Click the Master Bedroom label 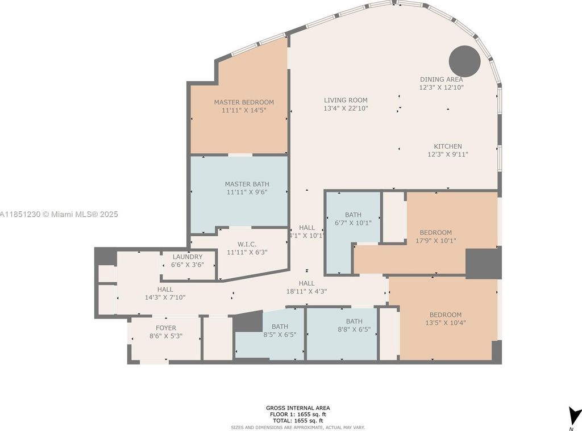(x=244, y=102)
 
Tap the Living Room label (x=346, y=100)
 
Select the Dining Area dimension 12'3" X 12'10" (x=442, y=87)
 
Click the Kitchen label (x=448, y=147)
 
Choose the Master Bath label (x=247, y=184)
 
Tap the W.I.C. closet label (x=247, y=244)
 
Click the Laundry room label (x=188, y=257)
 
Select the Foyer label (x=166, y=328)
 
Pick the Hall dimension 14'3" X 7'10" (x=165, y=298)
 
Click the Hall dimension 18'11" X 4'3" (x=306, y=291)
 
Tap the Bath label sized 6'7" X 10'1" (x=353, y=215)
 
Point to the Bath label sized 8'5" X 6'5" (x=280, y=327)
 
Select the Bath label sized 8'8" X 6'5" (x=355, y=321)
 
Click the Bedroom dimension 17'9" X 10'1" (x=436, y=241)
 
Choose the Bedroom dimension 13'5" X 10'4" (x=446, y=323)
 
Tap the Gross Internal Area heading (x=298, y=408)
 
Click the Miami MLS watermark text (x=59, y=215)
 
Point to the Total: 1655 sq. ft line (x=298, y=421)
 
